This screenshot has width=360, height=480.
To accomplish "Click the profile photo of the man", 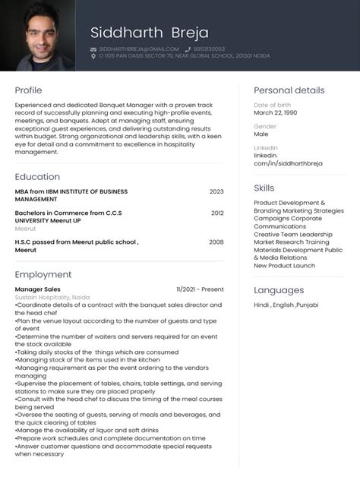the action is (37, 36).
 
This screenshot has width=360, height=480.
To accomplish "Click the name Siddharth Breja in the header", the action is (144, 32).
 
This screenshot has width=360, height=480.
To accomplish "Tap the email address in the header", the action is (138, 49).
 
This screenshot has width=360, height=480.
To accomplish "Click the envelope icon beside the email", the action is (93, 49).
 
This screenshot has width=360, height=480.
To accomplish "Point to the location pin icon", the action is (93, 56).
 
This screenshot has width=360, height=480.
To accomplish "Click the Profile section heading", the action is (28, 90).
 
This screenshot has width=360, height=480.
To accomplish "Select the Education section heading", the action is (37, 177).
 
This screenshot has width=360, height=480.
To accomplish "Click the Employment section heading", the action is (43, 274).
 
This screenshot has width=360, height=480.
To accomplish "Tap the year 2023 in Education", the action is (216, 192).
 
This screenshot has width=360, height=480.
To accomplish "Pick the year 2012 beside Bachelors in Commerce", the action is (217, 213).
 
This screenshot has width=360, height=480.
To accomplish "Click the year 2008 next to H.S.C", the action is (216, 242).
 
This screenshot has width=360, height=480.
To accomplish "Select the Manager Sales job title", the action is (38, 289).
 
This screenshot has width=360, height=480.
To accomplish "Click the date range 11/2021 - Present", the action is (200, 289).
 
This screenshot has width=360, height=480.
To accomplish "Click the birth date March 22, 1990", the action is (275, 112).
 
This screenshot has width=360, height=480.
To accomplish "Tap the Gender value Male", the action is (261, 134).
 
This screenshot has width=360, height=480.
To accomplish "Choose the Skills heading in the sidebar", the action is (264, 188).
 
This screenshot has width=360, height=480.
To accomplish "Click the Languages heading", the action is (279, 290).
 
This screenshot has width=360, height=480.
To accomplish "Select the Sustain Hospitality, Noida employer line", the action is (52, 297).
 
